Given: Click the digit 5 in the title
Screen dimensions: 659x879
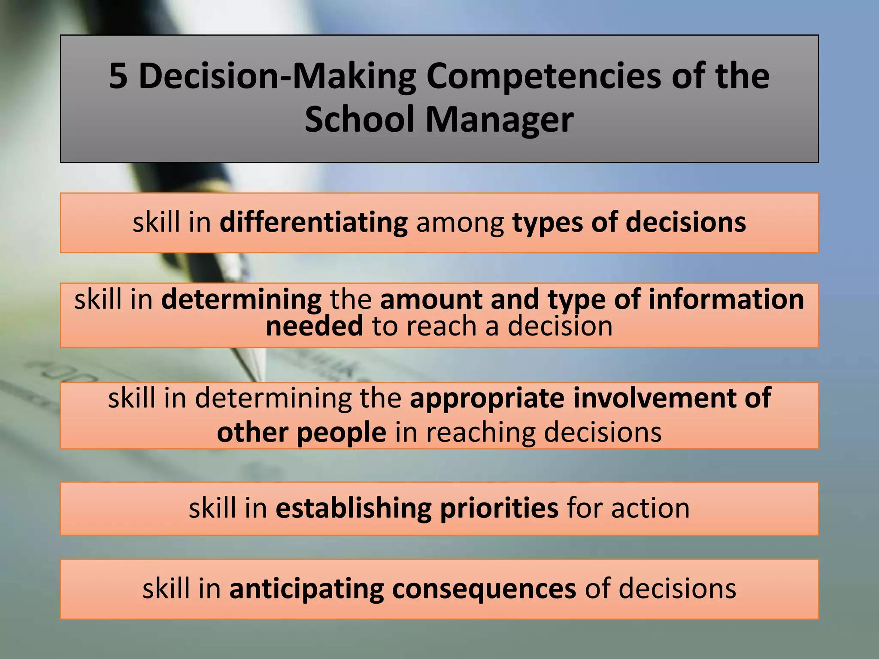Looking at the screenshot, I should click(118, 76).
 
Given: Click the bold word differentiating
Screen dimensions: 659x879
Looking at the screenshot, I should click(313, 223).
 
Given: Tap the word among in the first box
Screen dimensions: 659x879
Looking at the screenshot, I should click(460, 223).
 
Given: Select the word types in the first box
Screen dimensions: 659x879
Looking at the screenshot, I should click(548, 223).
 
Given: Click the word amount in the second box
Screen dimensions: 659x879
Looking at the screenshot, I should click(430, 299).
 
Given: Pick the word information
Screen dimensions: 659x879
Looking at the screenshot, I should click(726, 299).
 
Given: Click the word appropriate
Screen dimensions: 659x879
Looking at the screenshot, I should click(487, 398).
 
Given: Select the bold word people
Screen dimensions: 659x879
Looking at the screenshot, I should click(341, 432).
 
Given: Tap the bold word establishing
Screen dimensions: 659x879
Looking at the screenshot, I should click(353, 508).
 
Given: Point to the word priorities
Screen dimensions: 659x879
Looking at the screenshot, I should click(499, 508).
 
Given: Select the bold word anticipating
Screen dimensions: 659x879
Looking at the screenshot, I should click(306, 589).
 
